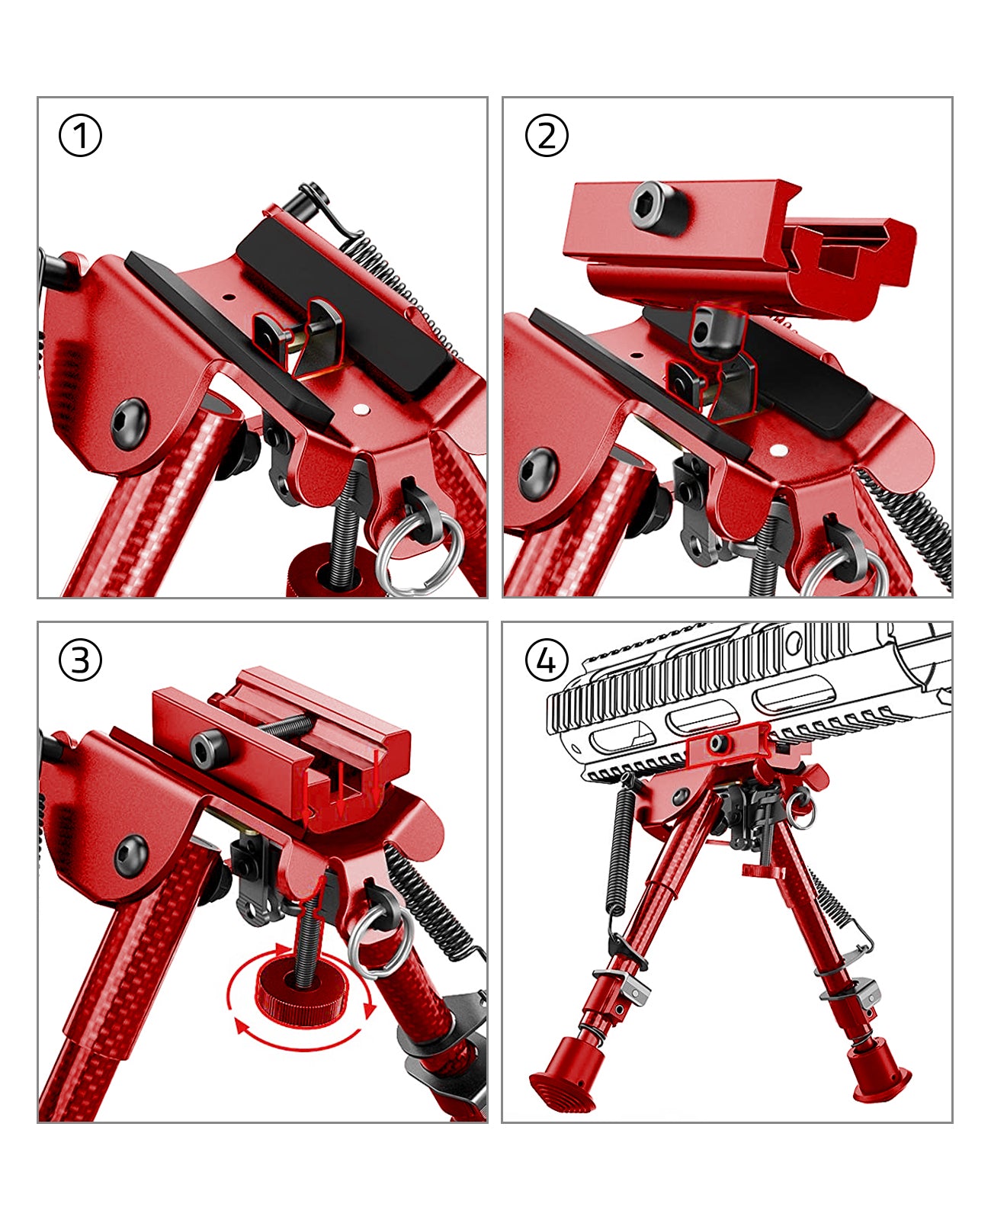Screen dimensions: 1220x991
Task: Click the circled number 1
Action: (x=80, y=136)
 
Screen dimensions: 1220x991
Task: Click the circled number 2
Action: (x=547, y=136)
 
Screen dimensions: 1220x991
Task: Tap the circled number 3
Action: (x=80, y=661)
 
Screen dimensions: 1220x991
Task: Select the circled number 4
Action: (x=547, y=661)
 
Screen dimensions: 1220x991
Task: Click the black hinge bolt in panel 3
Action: (x=132, y=856)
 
